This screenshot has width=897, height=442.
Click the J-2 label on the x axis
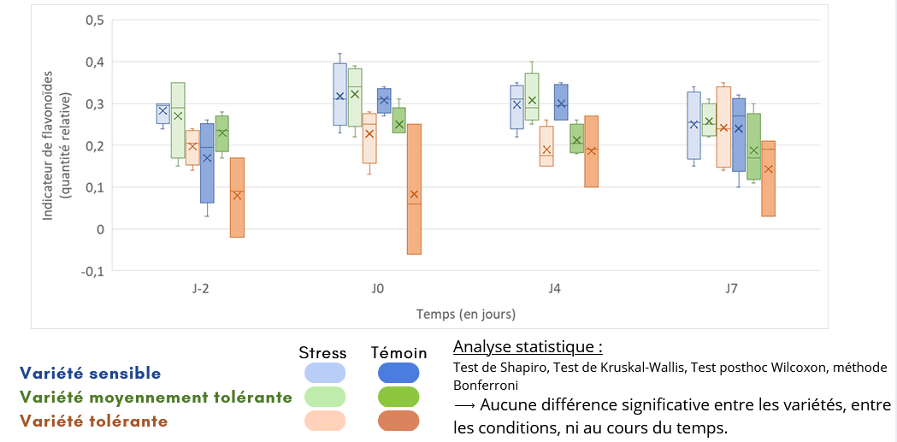(x=201, y=289)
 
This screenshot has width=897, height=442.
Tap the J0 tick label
(x=378, y=289)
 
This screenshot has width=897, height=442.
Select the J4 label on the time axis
(x=555, y=289)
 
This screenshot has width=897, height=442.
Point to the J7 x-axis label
(x=732, y=289)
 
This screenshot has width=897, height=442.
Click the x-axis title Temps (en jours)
(x=466, y=314)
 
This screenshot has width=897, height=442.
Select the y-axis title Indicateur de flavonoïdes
(x=49, y=145)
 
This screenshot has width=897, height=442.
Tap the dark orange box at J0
(x=414, y=188)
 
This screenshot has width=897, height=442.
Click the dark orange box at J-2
(x=237, y=197)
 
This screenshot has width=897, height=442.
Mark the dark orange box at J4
(x=591, y=151)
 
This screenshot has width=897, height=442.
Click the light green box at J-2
(x=178, y=120)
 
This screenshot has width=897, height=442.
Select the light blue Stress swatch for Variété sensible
(x=325, y=373)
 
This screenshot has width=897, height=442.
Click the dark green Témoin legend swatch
(x=398, y=397)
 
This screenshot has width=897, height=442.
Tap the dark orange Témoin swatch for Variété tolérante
(x=398, y=421)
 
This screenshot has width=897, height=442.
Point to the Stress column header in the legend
(x=322, y=352)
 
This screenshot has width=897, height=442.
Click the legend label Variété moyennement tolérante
(x=156, y=397)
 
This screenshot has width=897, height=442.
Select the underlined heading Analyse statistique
(x=528, y=347)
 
